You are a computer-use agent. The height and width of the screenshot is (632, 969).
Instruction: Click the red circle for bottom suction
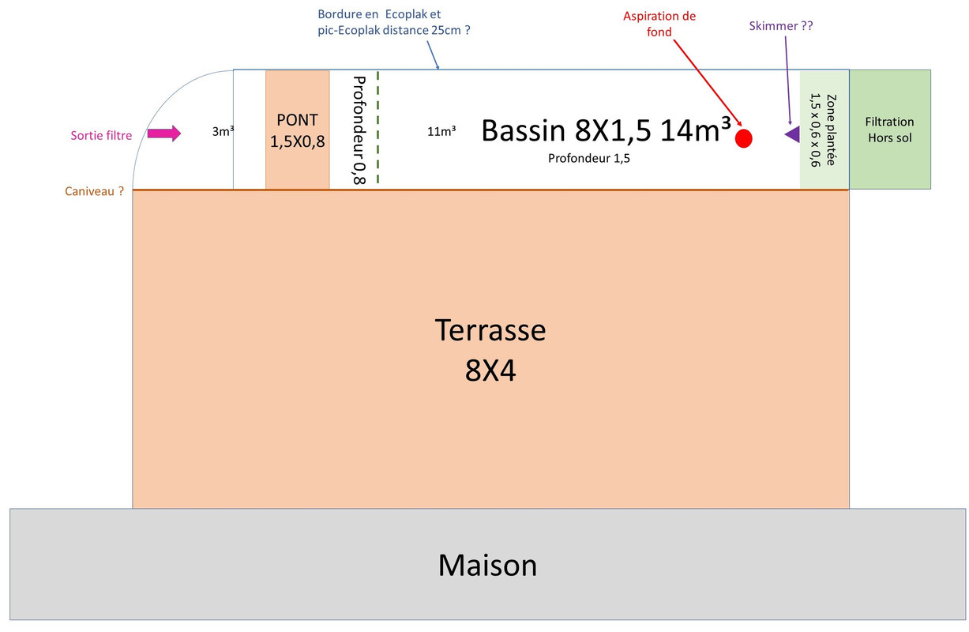coord(743,138)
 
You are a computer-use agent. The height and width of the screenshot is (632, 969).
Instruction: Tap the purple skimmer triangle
coord(793,134)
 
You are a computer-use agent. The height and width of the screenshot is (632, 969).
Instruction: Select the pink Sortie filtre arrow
coord(164,134)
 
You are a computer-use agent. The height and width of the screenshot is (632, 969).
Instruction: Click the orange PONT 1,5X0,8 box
coord(297,130)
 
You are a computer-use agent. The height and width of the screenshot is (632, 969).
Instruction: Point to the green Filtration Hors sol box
coord(889,130)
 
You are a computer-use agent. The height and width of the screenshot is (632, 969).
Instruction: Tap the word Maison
coord(487,565)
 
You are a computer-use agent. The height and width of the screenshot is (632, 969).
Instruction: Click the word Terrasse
coord(490,329)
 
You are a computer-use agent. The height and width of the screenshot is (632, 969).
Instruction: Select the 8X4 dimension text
coord(490,371)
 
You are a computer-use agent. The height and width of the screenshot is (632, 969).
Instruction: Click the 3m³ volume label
coord(223,132)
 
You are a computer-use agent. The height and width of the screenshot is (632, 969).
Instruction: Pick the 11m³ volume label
coord(441,132)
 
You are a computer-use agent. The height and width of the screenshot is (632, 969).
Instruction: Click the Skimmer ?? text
coord(780,26)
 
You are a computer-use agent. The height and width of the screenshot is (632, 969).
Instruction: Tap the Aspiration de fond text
coord(659,24)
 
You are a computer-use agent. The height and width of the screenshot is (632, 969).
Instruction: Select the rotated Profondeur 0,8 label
coord(358,130)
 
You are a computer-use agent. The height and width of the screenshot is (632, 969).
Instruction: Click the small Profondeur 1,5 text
coord(588,158)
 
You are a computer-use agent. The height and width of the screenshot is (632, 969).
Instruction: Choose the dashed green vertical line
coord(377,128)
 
